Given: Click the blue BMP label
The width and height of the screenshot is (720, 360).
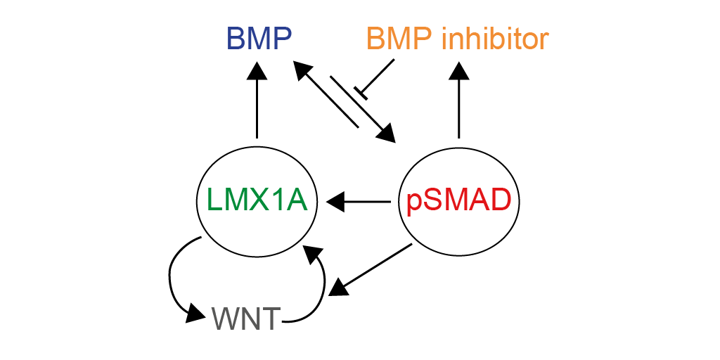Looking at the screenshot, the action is pyautogui.click(x=259, y=39).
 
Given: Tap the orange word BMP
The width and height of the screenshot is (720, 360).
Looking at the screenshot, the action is pyautogui.click(x=399, y=39).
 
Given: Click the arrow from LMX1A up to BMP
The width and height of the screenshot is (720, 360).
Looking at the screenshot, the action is pyautogui.click(x=257, y=100).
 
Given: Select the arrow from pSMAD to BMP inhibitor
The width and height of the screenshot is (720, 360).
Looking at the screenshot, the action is pyautogui.click(x=458, y=100).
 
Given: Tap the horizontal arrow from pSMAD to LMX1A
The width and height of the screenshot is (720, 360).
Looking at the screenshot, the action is pyautogui.click(x=358, y=201).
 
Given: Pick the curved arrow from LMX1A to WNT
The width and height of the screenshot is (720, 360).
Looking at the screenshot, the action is pyautogui.click(x=176, y=280).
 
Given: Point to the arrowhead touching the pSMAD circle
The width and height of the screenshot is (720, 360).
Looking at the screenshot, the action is pyautogui.click(x=387, y=133).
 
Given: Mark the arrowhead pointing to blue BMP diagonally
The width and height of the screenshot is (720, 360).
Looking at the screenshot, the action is pyautogui.click(x=302, y=70).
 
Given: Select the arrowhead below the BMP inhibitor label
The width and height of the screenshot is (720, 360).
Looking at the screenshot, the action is pyautogui.click(x=458, y=70).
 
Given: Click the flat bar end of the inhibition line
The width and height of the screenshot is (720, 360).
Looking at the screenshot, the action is pyautogui.click(x=361, y=92).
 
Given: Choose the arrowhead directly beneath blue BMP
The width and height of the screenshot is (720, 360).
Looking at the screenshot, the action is pyautogui.click(x=257, y=70).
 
